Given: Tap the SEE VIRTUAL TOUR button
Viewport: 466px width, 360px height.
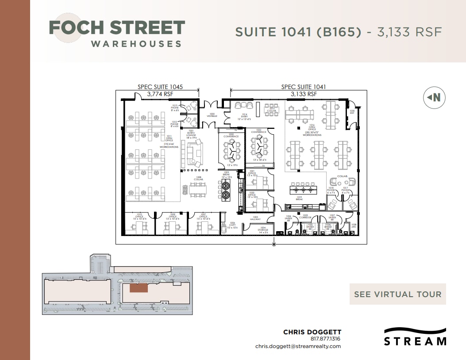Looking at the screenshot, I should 397,294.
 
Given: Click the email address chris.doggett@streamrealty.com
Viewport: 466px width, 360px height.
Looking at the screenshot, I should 298,346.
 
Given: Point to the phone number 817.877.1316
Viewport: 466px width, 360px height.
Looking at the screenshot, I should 325,339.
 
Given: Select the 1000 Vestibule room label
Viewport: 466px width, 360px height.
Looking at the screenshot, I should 212,115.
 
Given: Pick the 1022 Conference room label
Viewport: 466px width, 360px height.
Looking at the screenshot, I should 259,131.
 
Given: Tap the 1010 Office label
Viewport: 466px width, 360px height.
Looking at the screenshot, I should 139,217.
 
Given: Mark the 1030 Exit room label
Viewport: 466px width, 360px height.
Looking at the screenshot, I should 352,112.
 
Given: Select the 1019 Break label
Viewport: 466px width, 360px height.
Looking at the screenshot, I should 299,198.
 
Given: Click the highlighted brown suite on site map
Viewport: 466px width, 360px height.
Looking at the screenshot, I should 139,288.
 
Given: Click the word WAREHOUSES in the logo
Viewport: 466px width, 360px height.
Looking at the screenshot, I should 136,44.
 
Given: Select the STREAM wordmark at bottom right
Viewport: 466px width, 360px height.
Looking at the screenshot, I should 415,341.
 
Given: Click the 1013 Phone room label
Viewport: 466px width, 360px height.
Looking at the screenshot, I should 175,108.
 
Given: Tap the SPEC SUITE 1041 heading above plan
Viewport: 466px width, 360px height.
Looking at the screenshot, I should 303,87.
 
